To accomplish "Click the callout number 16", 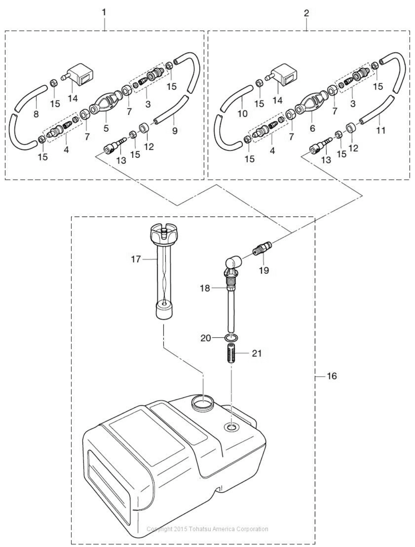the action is pos(332,375).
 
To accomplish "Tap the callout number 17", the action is pos(136,259).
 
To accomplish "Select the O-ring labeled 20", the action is pos(231,338).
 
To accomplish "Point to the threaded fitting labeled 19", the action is pos(263,248).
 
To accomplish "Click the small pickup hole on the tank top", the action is pos(232,427).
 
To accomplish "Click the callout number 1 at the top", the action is pos(104,13).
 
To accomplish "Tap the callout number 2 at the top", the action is pos(307,13).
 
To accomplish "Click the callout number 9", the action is pos(175,130).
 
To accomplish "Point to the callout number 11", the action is pos(381,130).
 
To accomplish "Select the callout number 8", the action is pos(36,114).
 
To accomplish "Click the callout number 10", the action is pos(242,114).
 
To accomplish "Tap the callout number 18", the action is pos(205,288).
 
